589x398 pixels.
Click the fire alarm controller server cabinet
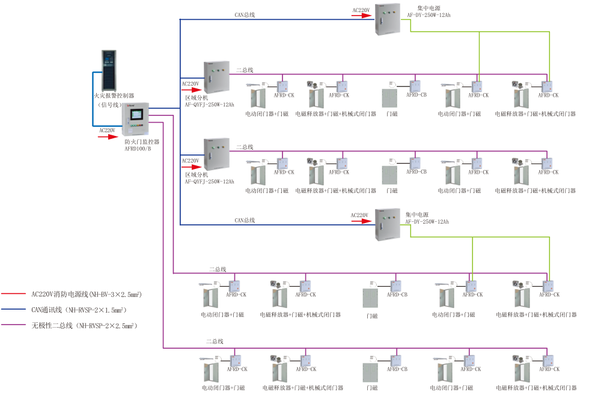(x=112, y=69)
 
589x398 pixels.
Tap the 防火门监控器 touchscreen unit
(x=136, y=119)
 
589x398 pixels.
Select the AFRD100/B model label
(x=138, y=148)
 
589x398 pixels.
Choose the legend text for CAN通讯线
(x=79, y=310)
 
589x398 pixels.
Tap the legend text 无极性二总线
(x=84, y=325)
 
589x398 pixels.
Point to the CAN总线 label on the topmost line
(x=245, y=14)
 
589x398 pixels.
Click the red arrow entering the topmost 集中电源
(x=362, y=16)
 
